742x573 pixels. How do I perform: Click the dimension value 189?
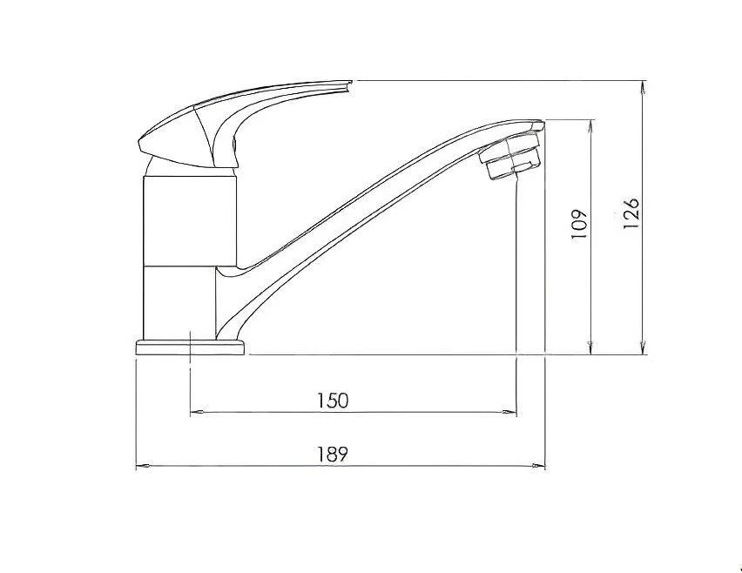pos(333,454)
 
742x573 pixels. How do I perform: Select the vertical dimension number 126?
pos(632,212)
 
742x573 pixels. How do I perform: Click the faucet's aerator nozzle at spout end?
pos(513,159)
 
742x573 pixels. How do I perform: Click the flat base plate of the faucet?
pos(190,348)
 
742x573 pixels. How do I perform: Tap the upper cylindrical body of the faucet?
pos(187,219)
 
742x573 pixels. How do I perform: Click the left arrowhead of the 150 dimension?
pos(195,412)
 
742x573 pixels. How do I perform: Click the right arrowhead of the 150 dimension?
pos(511,412)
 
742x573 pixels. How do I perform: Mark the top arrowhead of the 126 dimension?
pos(643,87)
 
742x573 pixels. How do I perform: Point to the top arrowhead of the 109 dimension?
pos(591,123)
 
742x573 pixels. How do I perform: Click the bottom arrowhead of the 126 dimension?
pos(643,349)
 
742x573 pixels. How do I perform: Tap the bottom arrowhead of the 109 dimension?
pos(591,349)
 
